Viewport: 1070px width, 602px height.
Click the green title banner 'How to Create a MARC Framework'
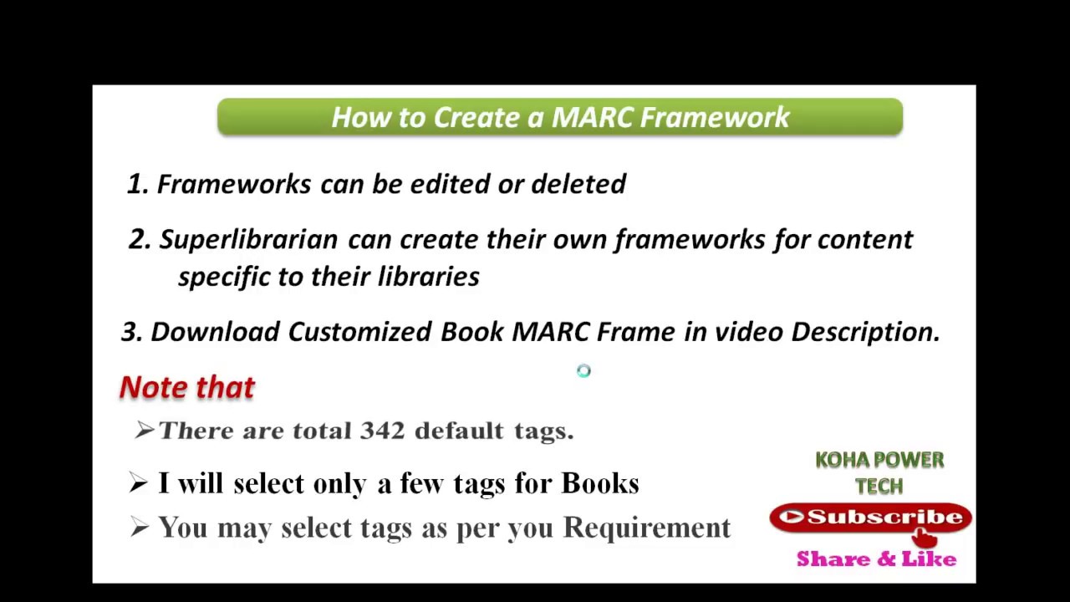coord(559,117)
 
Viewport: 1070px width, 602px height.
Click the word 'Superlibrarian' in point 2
coord(248,240)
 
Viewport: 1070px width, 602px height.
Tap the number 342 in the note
coord(382,431)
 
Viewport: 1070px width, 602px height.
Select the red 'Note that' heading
coord(187,387)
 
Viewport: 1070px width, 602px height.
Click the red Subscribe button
coord(870,518)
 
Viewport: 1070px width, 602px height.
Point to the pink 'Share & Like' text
coord(876,559)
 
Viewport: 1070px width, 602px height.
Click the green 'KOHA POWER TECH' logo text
coord(879,472)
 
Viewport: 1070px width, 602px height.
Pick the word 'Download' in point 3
coord(215,332)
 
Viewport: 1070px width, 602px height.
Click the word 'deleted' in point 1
coord(578,184)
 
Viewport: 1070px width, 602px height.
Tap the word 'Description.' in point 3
coord(865,332)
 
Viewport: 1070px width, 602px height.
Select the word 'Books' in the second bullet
coord(599,483)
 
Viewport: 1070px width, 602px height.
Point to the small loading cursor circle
coord(583,371)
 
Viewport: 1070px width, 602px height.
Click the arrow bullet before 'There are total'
coord(144,431)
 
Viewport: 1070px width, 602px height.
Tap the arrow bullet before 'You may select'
coord(140,527)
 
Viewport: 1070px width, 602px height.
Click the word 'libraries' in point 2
coord(428,277)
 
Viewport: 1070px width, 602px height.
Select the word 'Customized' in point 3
coord(359,332)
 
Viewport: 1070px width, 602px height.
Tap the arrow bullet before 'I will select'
coord(140,482)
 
